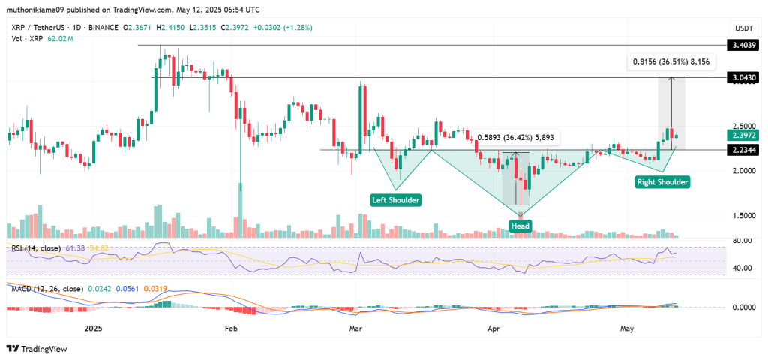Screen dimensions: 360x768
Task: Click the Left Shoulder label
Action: (395, 199)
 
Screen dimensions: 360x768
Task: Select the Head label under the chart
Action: (520, 226)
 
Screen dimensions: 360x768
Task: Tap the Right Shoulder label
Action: (662, 181)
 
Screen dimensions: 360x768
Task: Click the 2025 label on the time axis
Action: (94, 328)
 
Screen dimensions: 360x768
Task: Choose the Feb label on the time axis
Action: (231, 328)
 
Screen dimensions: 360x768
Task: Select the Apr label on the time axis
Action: (493, 328)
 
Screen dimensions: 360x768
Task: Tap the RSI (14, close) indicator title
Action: (36, 247)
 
